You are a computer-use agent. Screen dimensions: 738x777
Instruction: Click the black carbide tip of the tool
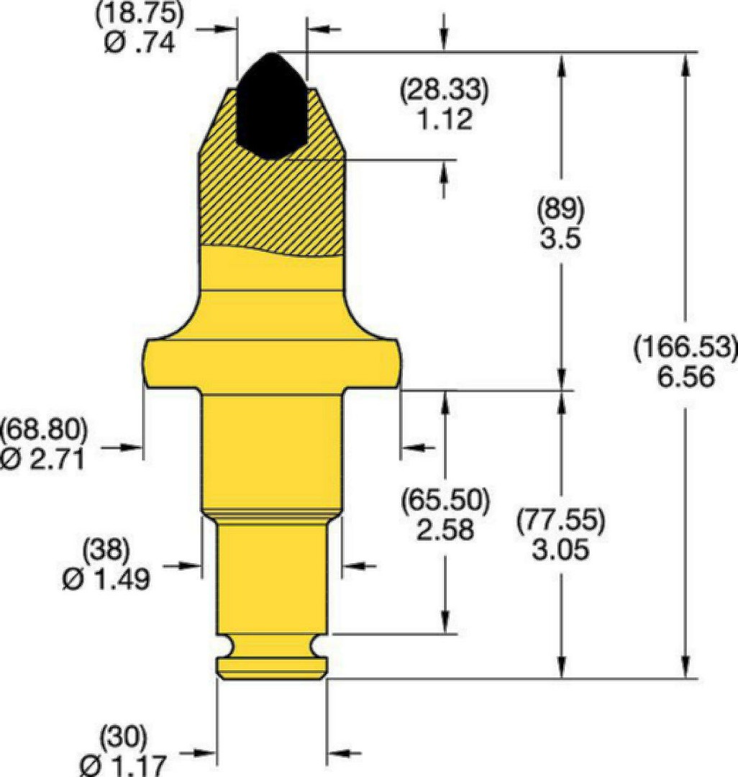[x=271, y=106]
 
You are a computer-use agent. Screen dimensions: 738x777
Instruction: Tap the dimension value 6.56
[x=686, y=377]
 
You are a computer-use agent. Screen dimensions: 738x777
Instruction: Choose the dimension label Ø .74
[x=140, y=44]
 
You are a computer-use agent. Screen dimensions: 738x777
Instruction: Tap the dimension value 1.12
[x=445, y=119]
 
